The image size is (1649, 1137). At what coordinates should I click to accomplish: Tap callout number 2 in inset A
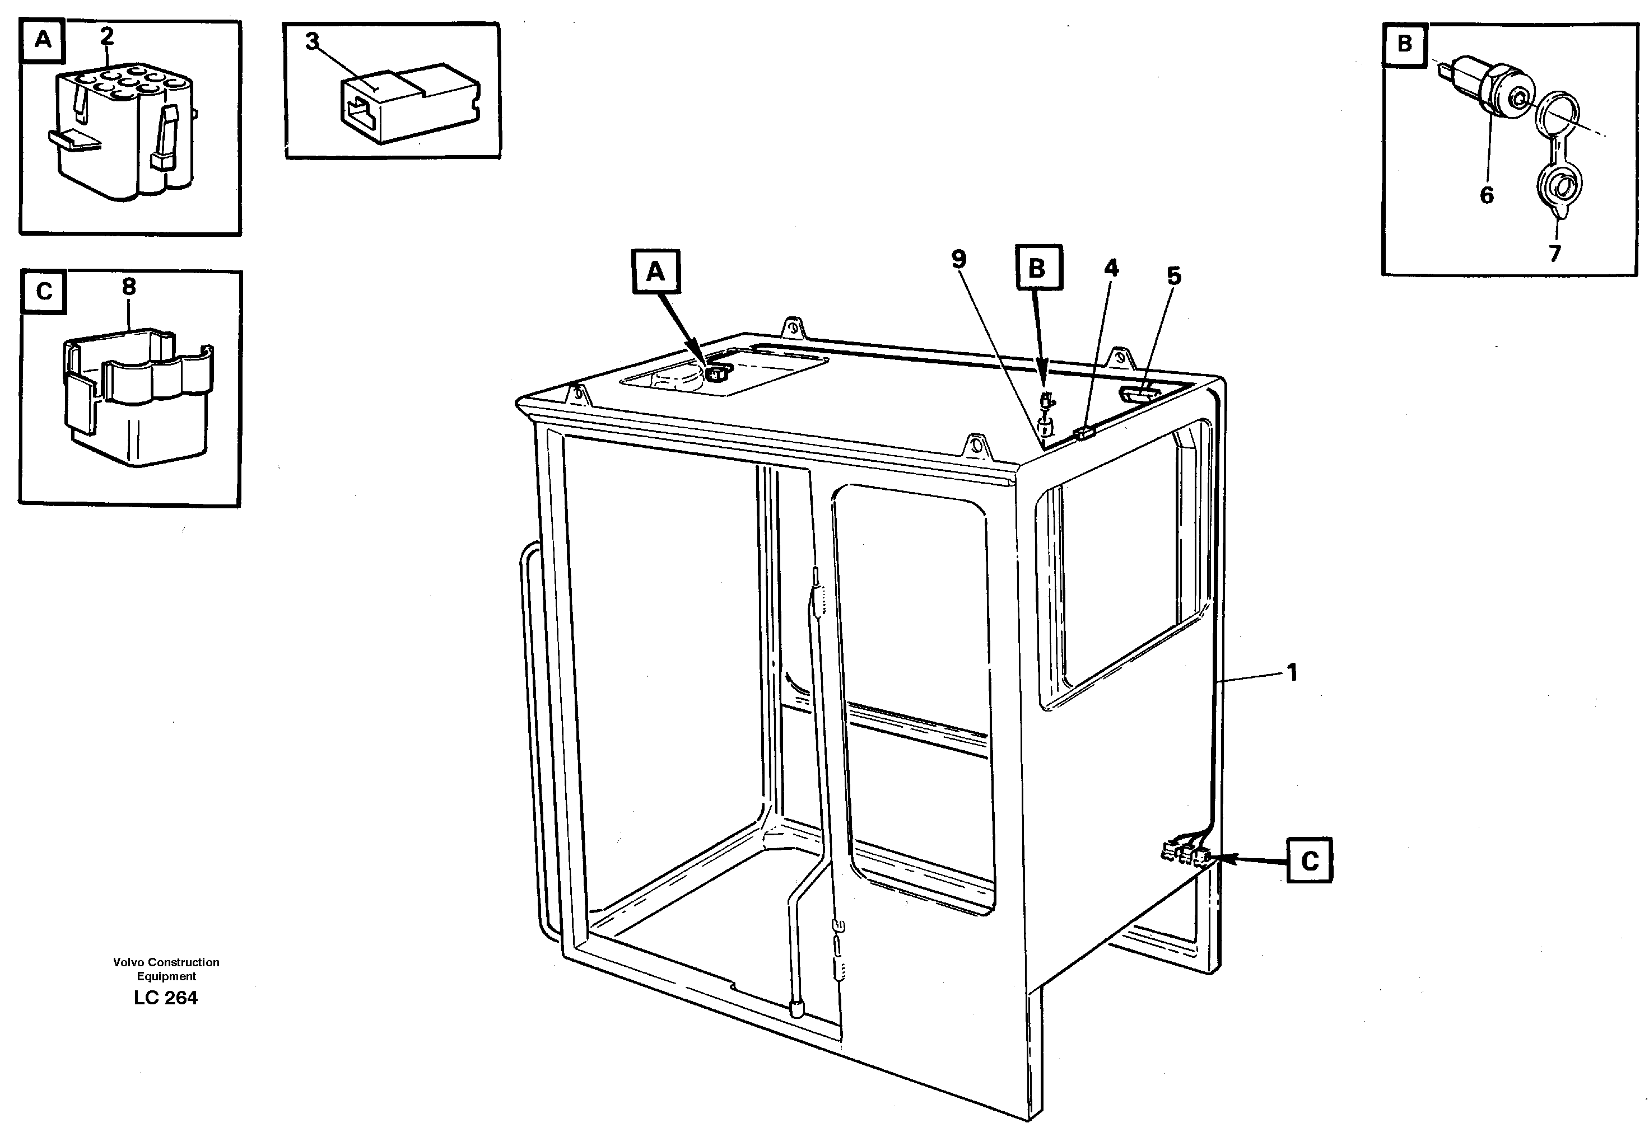coord(107,36)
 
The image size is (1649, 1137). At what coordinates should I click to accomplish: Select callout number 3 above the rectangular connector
coord(312,42)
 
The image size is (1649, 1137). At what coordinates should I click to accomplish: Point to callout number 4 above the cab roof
coord(1111,269)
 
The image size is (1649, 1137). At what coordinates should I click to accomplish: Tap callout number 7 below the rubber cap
coord(1554,253)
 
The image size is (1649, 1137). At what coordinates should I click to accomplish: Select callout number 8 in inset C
coord(128,287)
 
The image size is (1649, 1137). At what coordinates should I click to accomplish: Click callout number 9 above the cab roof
coord(958,259)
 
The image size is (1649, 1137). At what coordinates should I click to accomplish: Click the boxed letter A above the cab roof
coord(655,272)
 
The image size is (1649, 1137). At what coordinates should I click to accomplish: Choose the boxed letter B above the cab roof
coord(1037,268)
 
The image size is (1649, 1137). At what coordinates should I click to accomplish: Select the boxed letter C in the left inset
coord(44,291)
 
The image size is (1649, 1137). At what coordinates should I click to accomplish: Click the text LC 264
coord(165,998)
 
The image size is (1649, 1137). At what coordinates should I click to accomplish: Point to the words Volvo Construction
coord(166,962)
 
